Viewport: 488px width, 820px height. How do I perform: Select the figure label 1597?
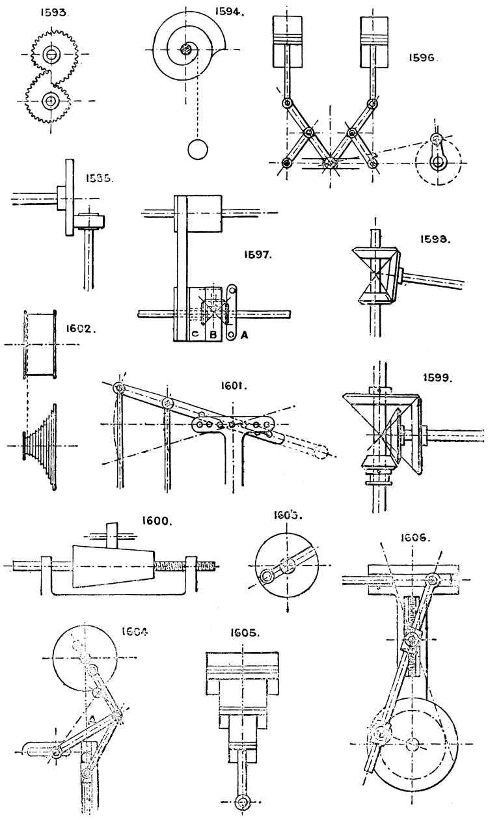point(265,256)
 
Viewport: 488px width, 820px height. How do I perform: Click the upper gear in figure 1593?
point(49,53)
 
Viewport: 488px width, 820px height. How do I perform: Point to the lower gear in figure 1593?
point(49,100)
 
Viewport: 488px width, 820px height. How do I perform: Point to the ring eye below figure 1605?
point(243,800)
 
